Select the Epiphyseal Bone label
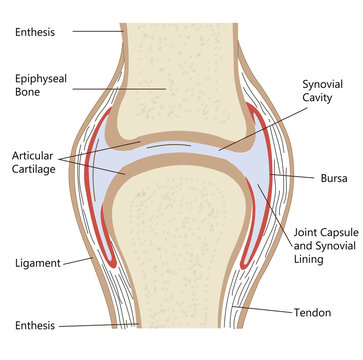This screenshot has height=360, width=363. point(41,84)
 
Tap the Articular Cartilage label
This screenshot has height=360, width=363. point(34,163)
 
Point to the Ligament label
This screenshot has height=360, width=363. point(36,264)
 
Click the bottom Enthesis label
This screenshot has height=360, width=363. point(36,326)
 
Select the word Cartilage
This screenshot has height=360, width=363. point(36,171)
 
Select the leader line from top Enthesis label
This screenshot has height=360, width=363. point(96,31)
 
